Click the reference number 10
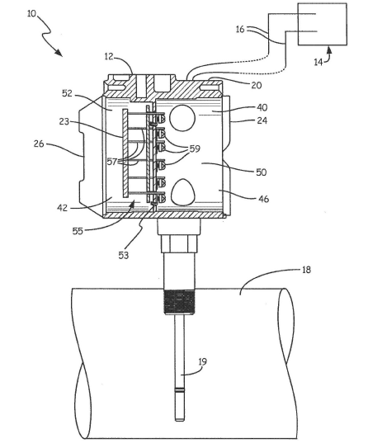tap(31, 13)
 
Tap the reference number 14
tap(318, 62)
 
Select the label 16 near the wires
tap(240, 29)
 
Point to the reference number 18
tap(306, 270)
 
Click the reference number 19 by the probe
tap(203, 361)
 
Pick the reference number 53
tap(124, 256)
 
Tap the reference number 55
tap(78, 231)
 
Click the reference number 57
tap(112, 162)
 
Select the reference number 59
tap(195, 148)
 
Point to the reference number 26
tap(39, 144)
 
